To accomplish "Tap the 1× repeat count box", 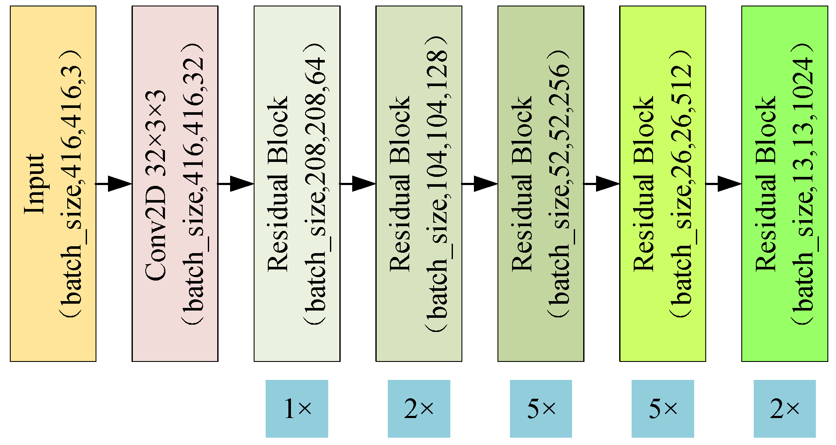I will click(x=297, y=409).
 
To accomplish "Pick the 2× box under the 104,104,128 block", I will click(x=419, y=409).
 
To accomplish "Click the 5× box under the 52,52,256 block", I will click(x=541, y=409).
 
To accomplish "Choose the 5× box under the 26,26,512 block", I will click(x=662, y=409).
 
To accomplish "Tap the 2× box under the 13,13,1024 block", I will click(x=785, y=409).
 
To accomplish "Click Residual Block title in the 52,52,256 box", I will click(x=522, y=184).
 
